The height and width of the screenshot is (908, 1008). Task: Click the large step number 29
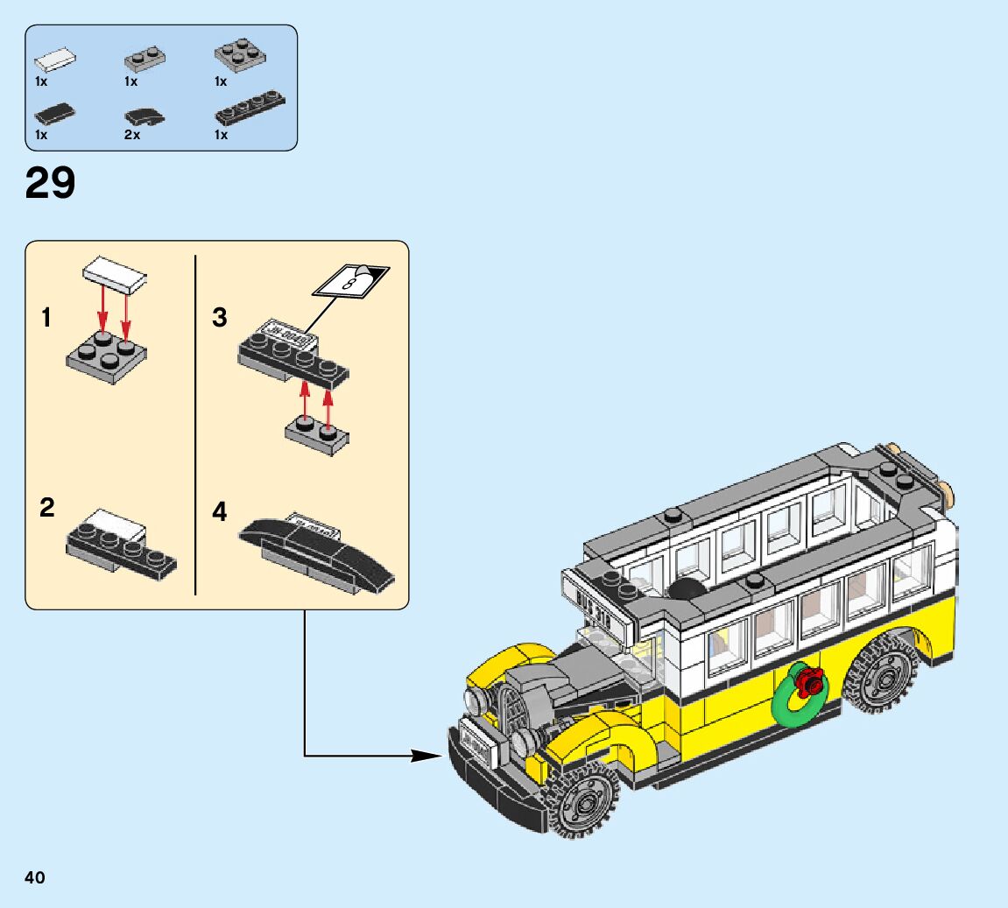pos(51,184)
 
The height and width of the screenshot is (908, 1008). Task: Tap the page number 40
pos(35,877)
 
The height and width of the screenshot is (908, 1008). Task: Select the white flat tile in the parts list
pos(54,61)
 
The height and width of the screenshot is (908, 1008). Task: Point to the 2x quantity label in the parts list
pos(132,135)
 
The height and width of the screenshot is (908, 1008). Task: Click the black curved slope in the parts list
pos(145,116)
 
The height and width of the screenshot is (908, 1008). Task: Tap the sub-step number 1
pos(46,318)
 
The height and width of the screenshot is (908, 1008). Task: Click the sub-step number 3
pos(220,318)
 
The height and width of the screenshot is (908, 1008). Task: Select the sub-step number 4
pos(220,511)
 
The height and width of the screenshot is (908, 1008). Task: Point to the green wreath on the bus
pos(798,696)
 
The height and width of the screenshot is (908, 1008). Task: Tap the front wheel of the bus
pos(580,802)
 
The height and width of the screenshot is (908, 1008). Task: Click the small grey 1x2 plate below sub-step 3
pos(316,435)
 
